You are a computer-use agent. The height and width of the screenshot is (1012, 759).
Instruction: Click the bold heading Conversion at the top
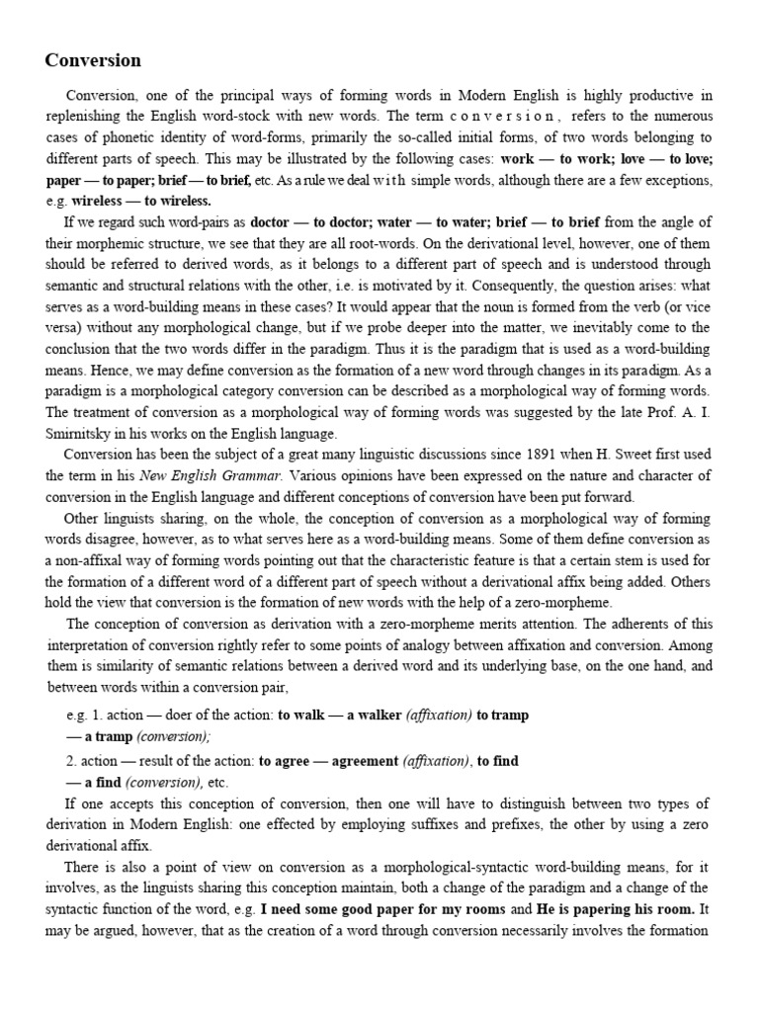click(93, 60)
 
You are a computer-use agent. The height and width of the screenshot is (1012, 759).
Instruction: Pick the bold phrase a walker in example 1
click(377, 715)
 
